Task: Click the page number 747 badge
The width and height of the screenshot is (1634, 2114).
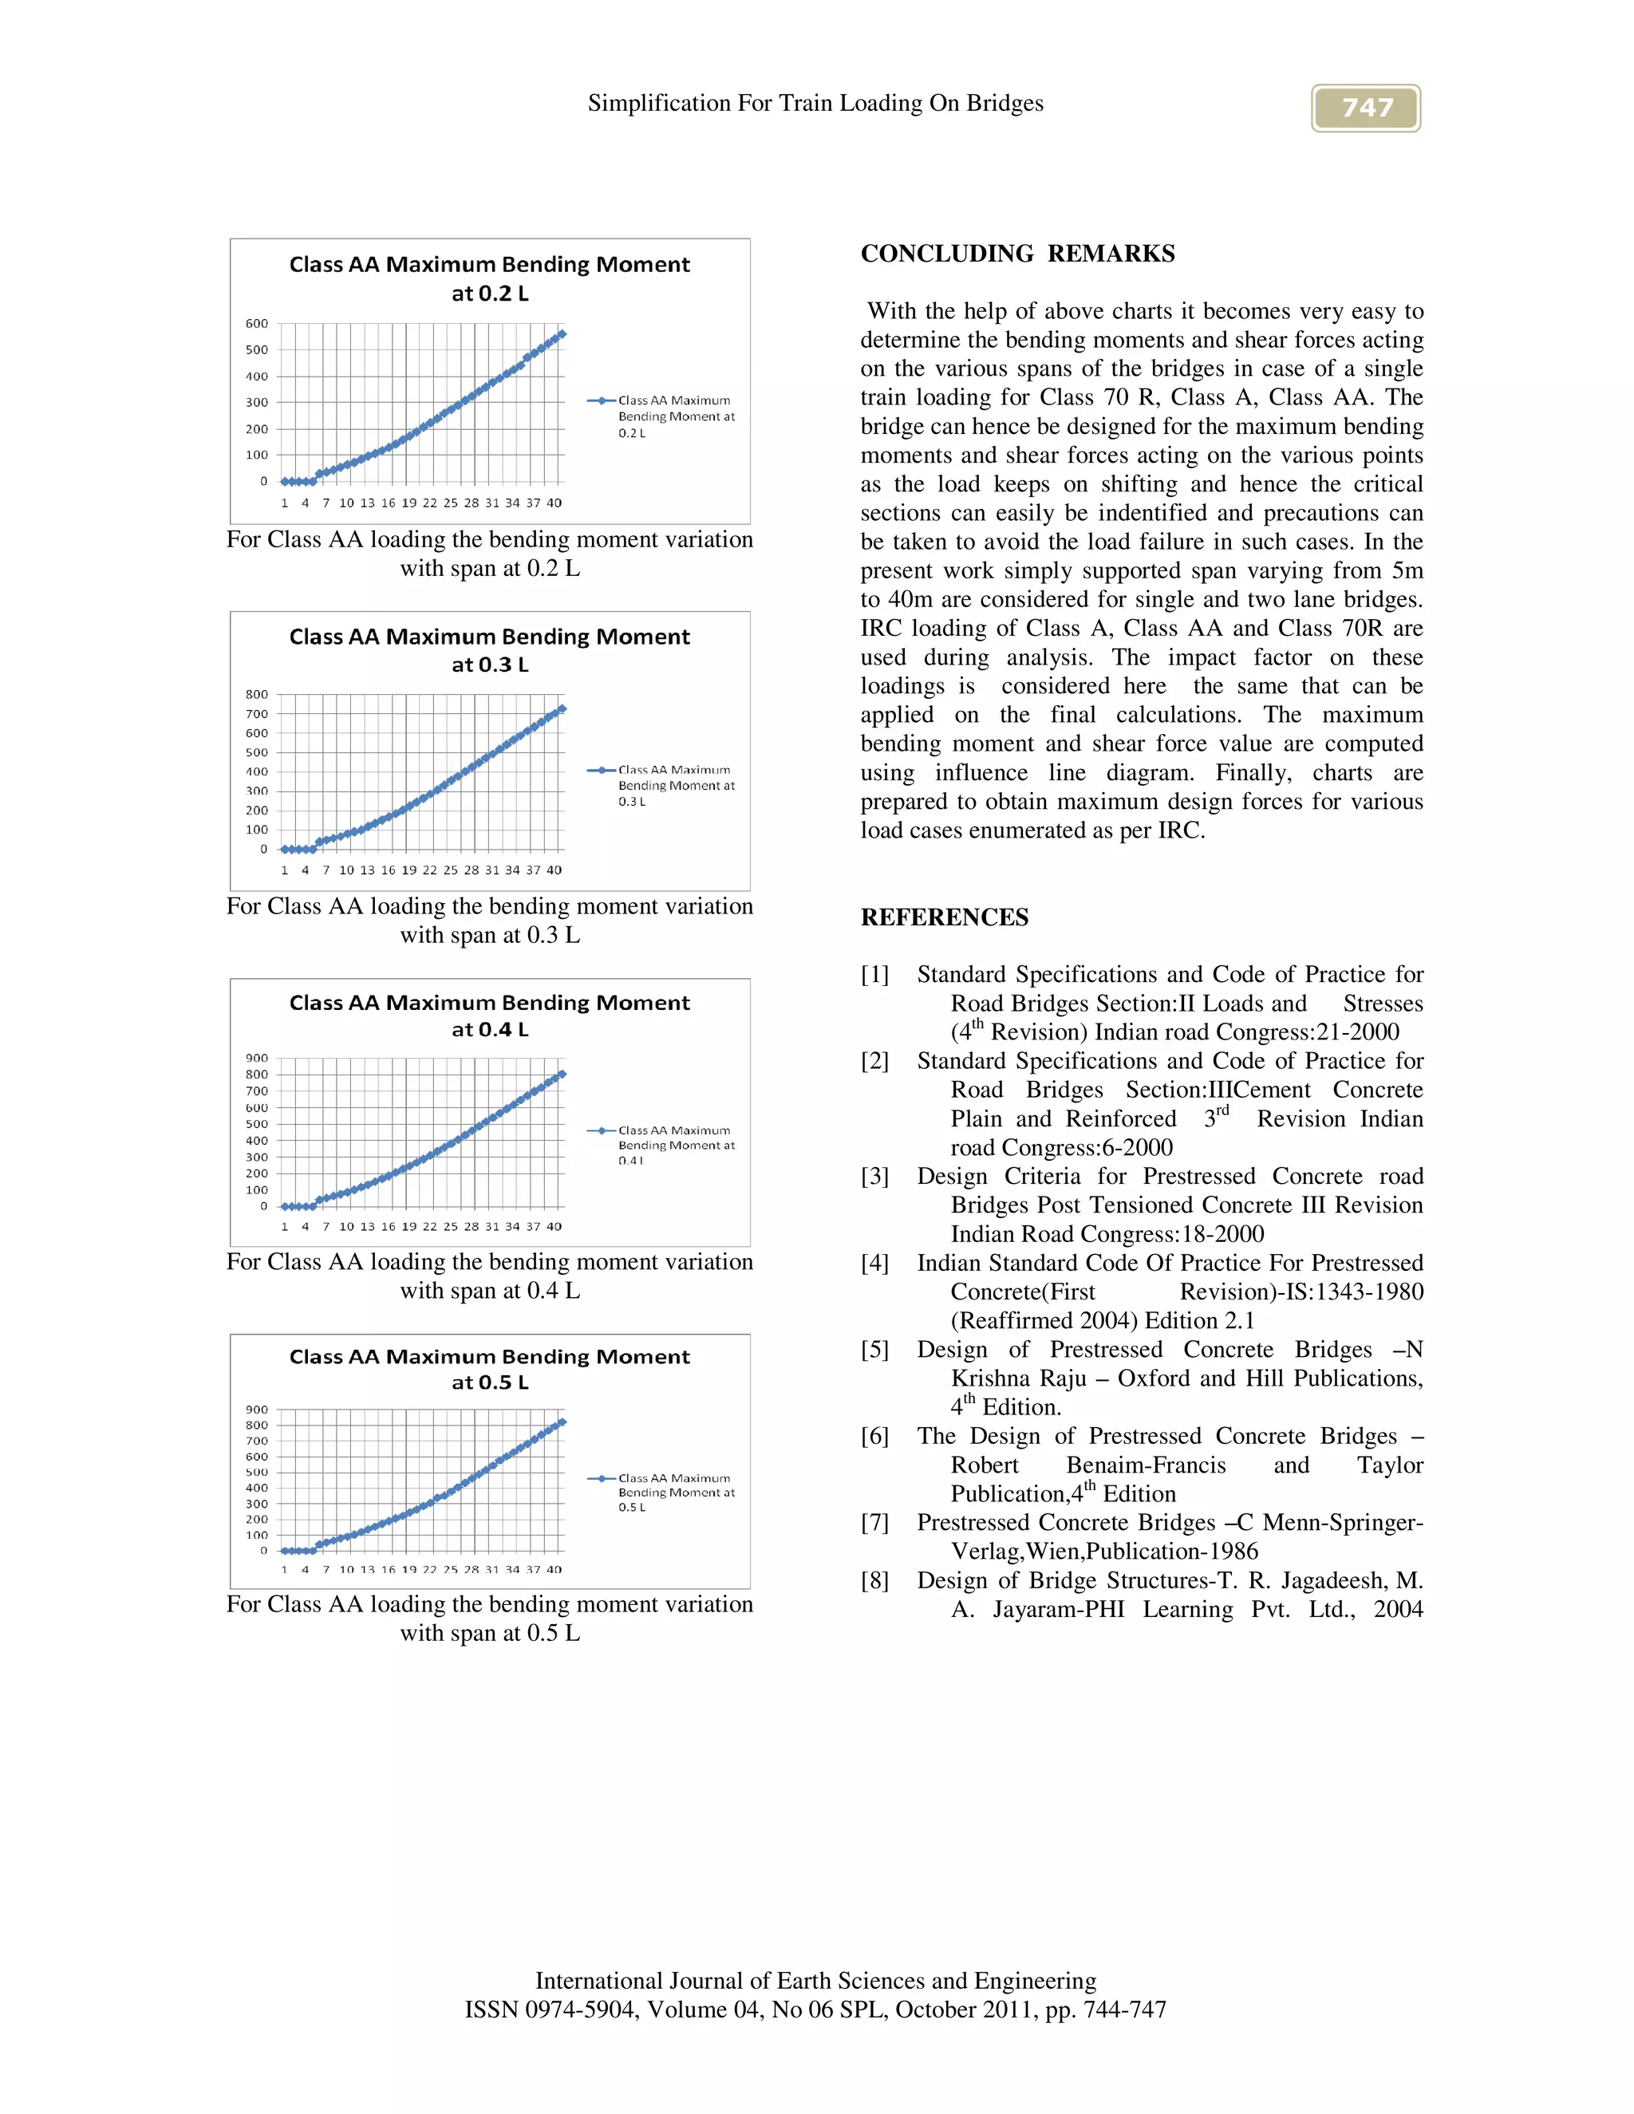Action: (1365, 108)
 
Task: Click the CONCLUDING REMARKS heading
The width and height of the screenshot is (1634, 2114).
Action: (1017, 254)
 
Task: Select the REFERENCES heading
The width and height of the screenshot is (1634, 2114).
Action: (944, 917)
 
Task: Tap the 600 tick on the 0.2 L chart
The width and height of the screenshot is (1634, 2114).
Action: (257, 324)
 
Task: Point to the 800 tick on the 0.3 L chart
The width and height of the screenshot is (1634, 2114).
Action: (257, 694)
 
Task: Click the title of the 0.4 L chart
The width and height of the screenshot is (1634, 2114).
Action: (490, 1016)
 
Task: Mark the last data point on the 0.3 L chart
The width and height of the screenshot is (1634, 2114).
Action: (562, 708)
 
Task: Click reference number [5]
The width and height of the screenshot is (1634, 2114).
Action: (875, 1349)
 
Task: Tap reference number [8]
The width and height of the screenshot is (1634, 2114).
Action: (875, 1580)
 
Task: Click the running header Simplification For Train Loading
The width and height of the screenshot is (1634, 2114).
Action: (815, 104)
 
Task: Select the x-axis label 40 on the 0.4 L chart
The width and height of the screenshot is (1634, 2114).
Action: (554, 1226)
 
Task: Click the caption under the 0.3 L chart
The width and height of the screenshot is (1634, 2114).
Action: (490, 921)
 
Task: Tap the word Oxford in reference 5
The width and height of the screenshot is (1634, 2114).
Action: (1156, 1378)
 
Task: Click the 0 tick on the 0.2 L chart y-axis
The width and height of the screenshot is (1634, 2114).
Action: (263, 481)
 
